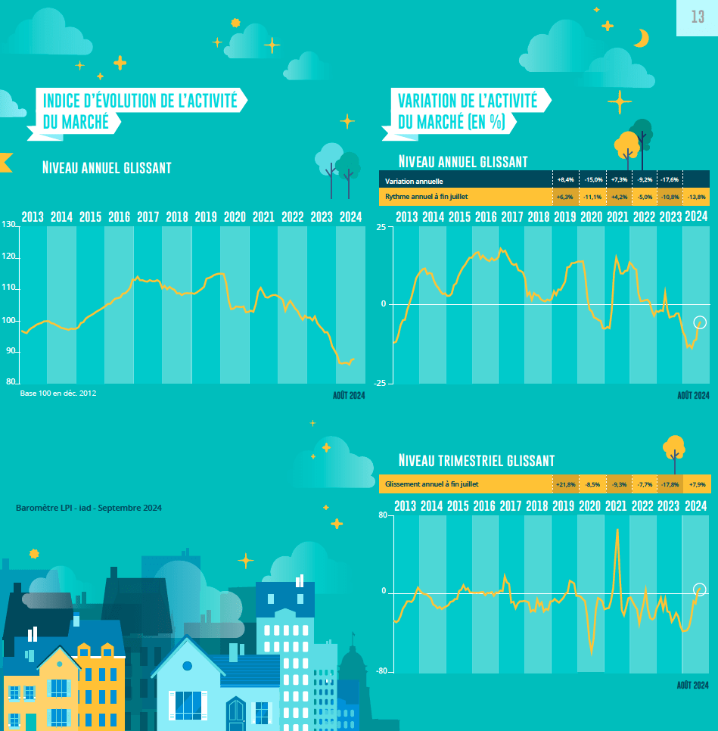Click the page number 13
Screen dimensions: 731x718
click(698, 17)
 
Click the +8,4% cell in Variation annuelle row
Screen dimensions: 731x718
click(565, 181)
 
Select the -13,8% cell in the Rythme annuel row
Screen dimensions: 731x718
click(697, 197)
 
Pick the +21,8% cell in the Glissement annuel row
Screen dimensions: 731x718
click(565, 484)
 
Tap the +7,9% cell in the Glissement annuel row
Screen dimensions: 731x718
click(697, 484)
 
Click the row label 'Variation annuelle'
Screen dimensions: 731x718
click(414, 182)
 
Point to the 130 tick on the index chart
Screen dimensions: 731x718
click(8, 225)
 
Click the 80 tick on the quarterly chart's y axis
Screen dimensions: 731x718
click(383, 515)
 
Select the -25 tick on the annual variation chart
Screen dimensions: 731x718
click(381, 383)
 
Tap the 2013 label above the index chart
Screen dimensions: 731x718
click(33, 217)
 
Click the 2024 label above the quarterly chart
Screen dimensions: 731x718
click(695, 505)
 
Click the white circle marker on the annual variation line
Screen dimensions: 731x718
click(700, 322)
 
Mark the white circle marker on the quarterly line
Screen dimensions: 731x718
click(700, 589)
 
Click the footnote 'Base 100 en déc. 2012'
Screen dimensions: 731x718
click(58, 393)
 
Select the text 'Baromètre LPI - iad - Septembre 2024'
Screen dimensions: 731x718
click(89, 508)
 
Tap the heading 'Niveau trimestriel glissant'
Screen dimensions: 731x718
click(477, 461)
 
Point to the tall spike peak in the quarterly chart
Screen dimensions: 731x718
click(618, 530)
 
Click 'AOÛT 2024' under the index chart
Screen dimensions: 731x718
click(349, 395)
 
